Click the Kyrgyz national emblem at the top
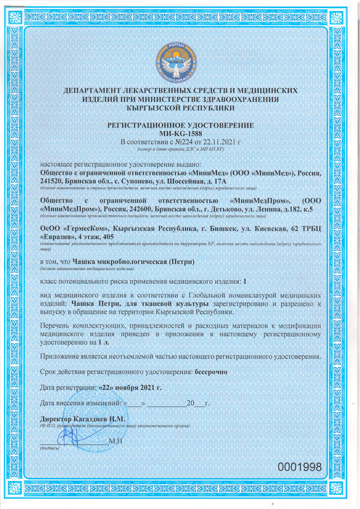180,62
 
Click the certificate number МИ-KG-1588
180,134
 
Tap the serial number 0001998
300,467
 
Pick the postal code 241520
53,181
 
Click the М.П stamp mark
116,440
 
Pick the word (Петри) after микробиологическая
184,262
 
